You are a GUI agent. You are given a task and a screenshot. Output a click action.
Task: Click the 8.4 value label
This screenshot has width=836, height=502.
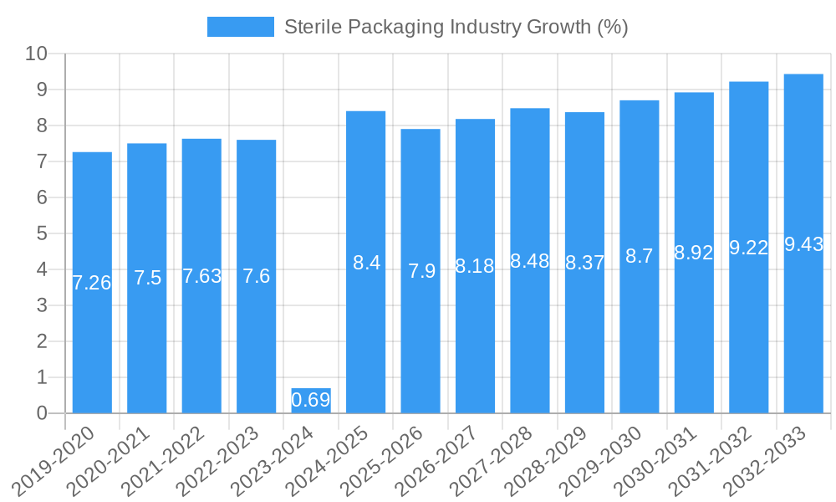[366, 263]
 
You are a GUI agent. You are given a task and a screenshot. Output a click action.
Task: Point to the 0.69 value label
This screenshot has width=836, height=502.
[311, 400]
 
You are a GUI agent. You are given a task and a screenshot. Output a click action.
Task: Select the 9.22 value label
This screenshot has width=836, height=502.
[749, 248]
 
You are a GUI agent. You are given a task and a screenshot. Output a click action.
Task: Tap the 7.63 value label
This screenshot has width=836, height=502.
[201, 276]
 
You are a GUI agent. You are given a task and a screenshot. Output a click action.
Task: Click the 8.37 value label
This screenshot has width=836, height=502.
[585, 263]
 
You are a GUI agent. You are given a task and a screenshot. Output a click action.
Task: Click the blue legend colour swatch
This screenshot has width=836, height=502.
[240, 27]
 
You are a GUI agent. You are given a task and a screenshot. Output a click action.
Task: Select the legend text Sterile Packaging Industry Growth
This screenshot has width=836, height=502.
[456, 27]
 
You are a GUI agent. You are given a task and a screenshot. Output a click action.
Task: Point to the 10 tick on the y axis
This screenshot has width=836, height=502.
[36, 54]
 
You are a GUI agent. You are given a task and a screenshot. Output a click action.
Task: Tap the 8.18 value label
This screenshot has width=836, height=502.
[475, 267]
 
